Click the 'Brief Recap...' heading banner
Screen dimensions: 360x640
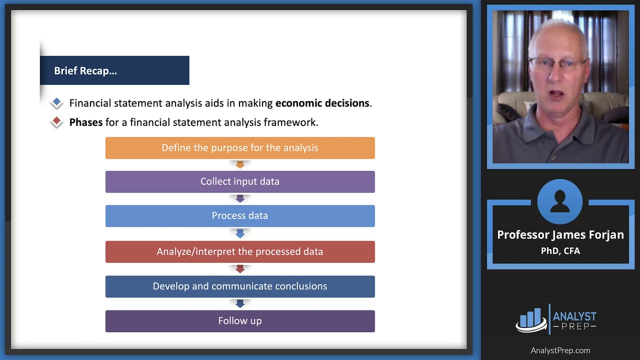point(114,70)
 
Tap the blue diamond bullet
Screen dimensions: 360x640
point(56,102)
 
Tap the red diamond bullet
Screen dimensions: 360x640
point(56,121)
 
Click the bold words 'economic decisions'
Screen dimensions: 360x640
point(322,103)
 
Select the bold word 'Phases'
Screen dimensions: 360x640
point(85,122)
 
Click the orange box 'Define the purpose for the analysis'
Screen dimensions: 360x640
point(240,148)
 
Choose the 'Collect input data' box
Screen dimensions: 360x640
point(240,181)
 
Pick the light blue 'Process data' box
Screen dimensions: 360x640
point(240,215)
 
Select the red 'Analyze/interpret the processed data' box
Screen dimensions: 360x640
point(240,251)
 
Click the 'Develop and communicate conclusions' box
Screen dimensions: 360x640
point(240,286)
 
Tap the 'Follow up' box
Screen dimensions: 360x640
point(240,321)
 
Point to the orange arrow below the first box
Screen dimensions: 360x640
point(240,164)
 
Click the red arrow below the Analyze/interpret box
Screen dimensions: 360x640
point(240,269)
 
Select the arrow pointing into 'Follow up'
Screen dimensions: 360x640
point(240,303)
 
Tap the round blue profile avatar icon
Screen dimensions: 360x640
point(560,201)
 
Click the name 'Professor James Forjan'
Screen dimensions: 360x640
point(560,235)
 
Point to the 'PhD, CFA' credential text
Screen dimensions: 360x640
point(560,251)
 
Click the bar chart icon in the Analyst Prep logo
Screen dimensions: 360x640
point(531,319)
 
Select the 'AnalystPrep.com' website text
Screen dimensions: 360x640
point(560,350)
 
